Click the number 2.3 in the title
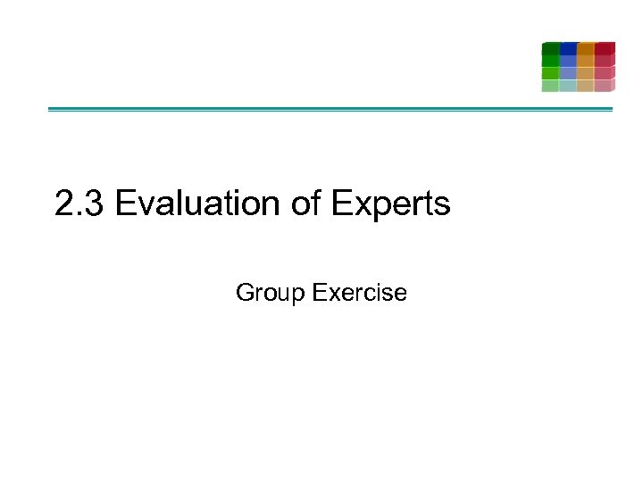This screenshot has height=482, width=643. (x=80, y=204)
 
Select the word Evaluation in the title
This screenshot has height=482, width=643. (x=197, y=204)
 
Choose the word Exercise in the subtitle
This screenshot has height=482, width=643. (x=361, y=293)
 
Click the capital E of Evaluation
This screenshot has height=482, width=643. (x=124, y=204)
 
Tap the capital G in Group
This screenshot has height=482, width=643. (x=244, y=293)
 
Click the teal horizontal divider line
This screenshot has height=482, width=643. (x=330, y=110)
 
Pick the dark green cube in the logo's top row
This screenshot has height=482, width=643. (x=550, y=48)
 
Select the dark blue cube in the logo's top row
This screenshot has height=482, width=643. (x=568, y=48)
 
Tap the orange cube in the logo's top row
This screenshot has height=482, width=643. (x=586, y=48)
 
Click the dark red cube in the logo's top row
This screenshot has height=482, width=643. (x=605, y=48)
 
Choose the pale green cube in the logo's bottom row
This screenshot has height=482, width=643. (x=550, y=86)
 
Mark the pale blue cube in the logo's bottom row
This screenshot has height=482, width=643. (x=568, y=86)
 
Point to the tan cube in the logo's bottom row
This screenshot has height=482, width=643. (x=586, y=86)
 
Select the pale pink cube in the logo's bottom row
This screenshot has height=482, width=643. (x=605, y=86)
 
